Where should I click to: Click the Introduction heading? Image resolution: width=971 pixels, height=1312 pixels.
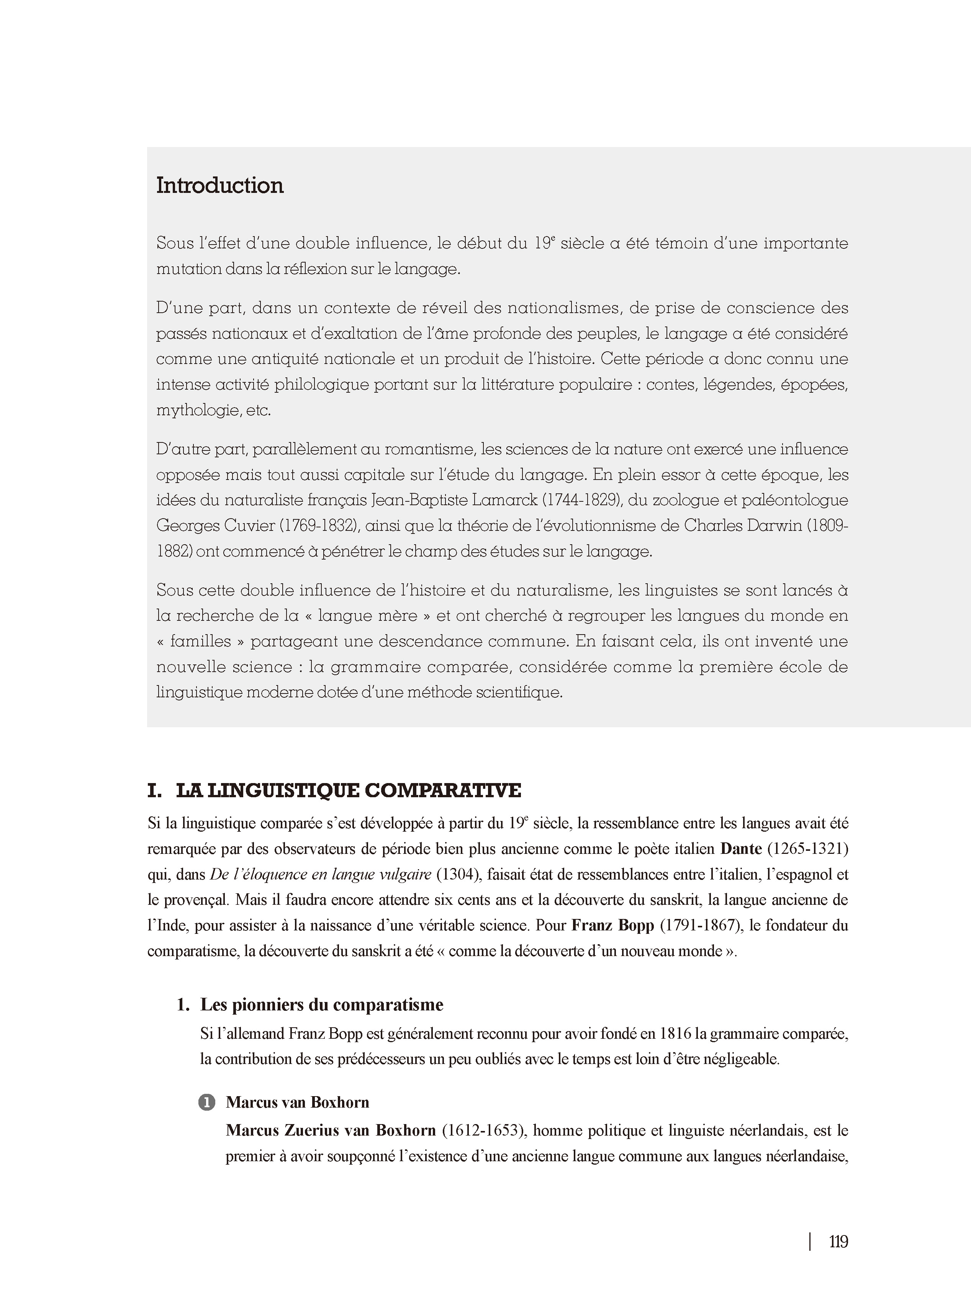point(220,186)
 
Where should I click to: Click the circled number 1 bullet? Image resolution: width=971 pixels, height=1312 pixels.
point(207,1102)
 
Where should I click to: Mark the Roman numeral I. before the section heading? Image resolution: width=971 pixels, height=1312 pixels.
point(155,790)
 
